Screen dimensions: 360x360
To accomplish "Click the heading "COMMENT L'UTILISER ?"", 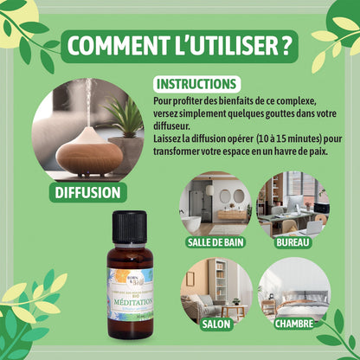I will click(179, 44).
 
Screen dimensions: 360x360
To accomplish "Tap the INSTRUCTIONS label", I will click(196, 84).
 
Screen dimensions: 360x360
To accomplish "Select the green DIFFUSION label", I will click(87, 192).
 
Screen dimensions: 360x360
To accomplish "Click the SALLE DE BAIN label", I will click(215, 243).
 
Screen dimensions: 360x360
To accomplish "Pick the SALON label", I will click(215, 325).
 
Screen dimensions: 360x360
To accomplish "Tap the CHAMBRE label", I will click(293, 325).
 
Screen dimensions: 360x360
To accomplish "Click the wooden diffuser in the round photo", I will click(89, 150).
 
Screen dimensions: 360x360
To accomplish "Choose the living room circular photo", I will click(215, 291).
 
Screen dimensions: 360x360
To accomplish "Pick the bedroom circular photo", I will click(293, 291).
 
